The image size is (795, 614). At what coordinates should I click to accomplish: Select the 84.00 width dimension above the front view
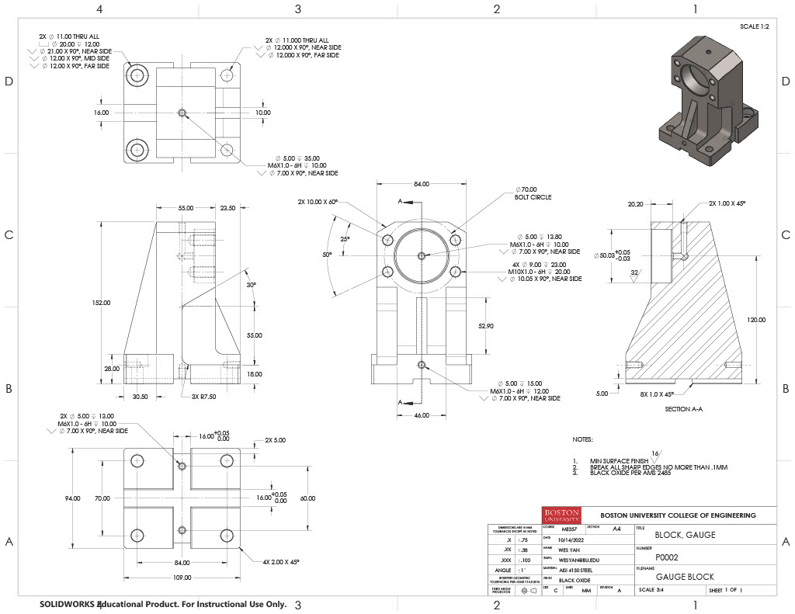point(421,184)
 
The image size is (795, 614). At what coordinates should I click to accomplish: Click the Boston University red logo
point(562,516)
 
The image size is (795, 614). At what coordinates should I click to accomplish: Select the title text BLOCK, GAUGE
point(685,535)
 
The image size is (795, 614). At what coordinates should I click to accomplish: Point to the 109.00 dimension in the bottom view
point(182,578)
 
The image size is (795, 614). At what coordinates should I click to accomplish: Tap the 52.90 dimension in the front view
point(486,326)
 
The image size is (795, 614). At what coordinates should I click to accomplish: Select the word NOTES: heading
point(582,439)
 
